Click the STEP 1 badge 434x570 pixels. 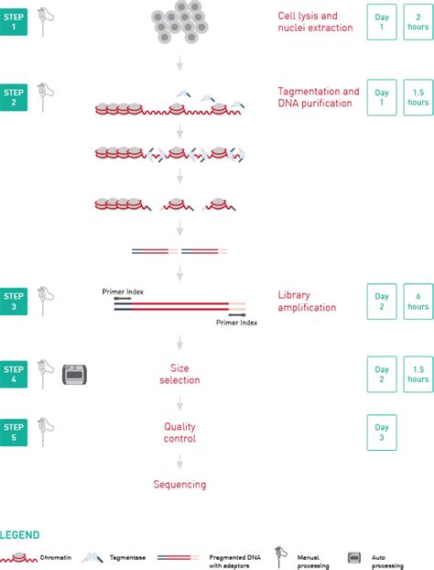tap(14, 20)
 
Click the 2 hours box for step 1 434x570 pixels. tap(418, 21)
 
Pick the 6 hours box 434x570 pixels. tap(418, 301)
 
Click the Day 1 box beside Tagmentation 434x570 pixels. tap(382, 98)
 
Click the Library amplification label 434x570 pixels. tap(307, 301)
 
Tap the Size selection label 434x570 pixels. tap(179, 373)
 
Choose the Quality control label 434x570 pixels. tap(179, 433)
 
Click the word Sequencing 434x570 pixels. tap(179, 484)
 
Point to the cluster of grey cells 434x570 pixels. tap(181, 20)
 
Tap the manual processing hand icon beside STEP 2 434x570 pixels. tap(46, 94)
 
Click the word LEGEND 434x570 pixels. tap(19, 534)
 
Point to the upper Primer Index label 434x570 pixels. tap(123, 291)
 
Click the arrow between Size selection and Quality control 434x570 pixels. tap(179, 403)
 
